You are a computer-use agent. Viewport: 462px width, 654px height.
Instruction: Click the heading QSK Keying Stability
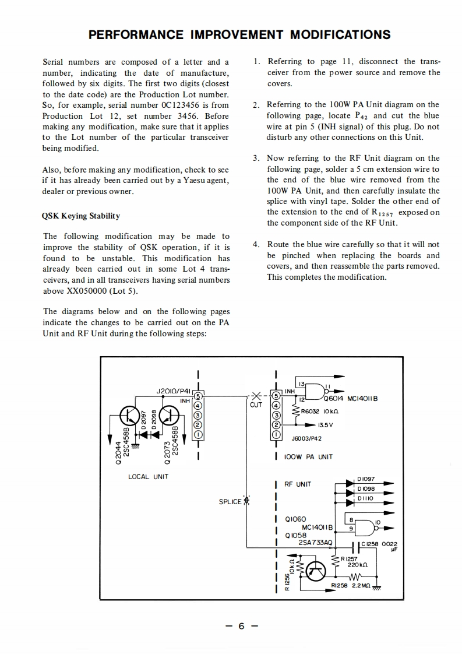(81, 216)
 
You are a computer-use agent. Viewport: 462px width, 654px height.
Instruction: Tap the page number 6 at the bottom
(241, 627)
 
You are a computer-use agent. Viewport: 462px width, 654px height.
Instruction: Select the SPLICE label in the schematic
(229, 502)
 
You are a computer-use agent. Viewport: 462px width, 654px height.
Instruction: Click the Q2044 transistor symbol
(129, 416)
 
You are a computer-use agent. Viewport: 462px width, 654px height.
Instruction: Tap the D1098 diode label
(366, 488)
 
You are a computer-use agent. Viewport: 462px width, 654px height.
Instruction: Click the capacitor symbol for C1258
(354, 547)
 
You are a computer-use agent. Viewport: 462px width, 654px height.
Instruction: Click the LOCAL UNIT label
(148, 477)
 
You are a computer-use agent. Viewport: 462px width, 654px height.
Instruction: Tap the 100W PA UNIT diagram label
(309, 456)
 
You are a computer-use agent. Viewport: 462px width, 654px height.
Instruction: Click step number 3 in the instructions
(256, 158)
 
